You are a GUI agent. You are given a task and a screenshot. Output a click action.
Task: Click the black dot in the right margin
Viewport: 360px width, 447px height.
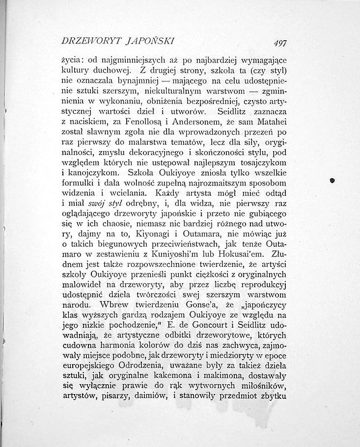coord(332,181)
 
